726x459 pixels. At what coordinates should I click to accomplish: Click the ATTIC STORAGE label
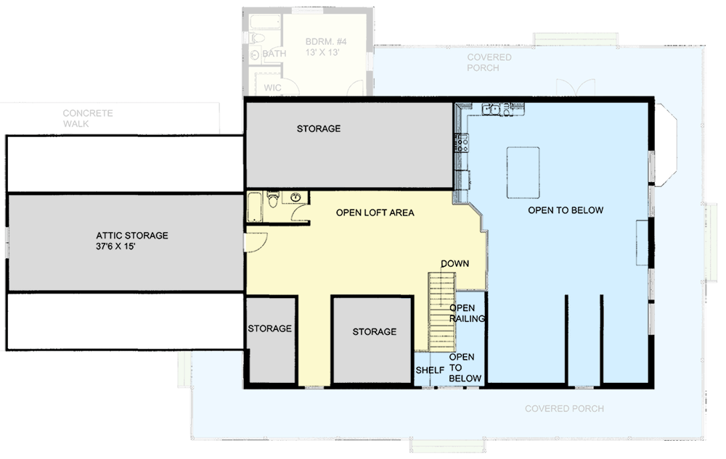132,236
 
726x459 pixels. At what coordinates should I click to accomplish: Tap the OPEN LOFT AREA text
375,213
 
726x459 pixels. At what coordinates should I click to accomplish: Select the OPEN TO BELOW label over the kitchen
566,210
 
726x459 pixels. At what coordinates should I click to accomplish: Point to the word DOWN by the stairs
454,263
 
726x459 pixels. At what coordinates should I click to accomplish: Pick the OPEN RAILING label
462,313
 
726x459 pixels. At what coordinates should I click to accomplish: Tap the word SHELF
430,371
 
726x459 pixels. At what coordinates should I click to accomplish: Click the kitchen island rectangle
523,172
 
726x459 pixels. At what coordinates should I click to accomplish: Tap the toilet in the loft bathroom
273,199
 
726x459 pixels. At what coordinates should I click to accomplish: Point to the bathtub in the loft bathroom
255,207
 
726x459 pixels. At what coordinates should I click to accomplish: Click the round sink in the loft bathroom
295,197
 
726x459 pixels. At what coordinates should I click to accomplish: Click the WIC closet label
273,88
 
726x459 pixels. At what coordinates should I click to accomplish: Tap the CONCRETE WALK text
88,118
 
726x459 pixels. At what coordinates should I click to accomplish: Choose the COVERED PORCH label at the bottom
564,409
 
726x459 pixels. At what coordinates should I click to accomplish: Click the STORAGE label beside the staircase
374,331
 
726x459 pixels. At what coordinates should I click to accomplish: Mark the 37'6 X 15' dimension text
132,246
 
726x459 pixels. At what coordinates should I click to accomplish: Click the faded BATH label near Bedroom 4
274,54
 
